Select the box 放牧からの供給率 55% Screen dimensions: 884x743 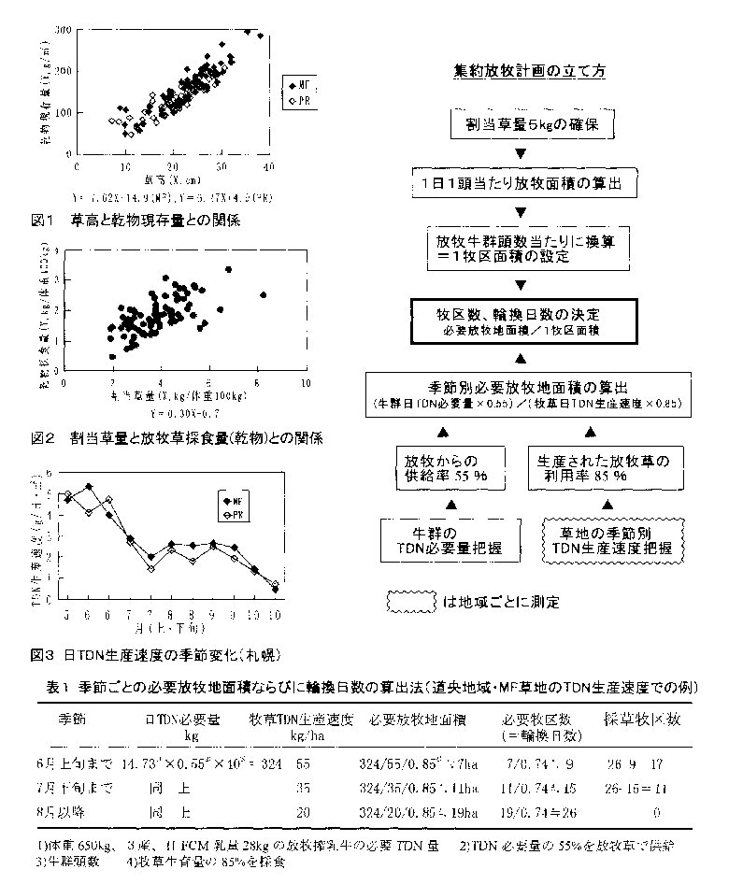coord(445,467)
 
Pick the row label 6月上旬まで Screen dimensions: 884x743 coord(88,763)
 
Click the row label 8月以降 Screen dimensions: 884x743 coord(84,813)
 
